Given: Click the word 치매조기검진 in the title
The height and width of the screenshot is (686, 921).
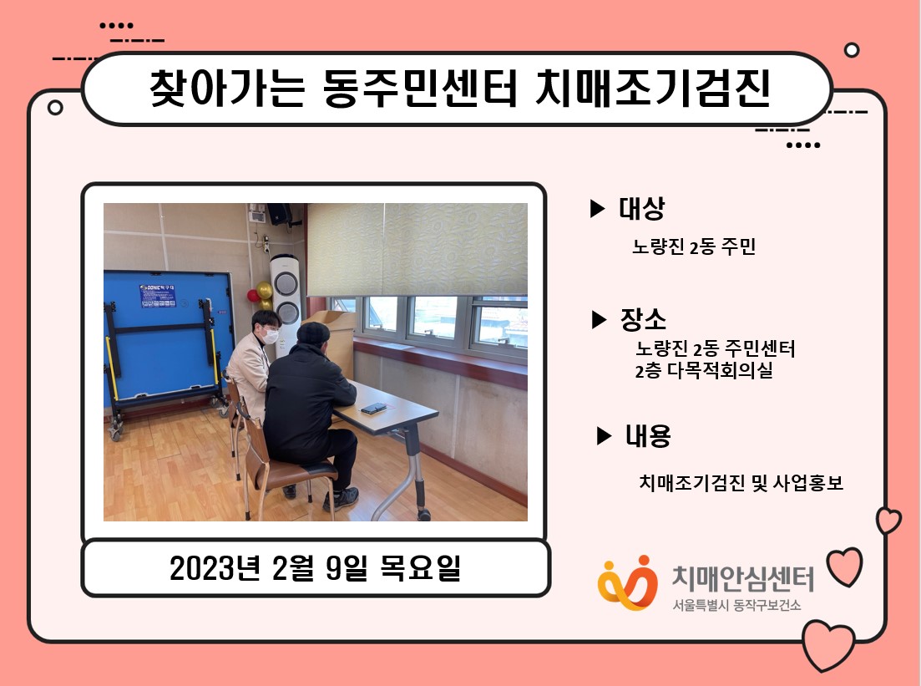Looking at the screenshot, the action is [x=653, y=89].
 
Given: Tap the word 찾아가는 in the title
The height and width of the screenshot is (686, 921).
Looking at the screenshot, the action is [x=227, y=89].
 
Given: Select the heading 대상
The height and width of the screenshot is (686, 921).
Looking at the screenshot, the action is [x=641, y=208].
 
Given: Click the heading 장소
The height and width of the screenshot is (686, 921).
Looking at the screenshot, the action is [x=643, y=319].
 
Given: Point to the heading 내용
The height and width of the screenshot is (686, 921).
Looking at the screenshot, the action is [x=648, y=435].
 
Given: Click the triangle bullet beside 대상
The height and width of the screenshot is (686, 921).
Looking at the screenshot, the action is [x=597, y=208].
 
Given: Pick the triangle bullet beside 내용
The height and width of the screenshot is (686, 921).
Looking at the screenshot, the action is [x=604, y=435].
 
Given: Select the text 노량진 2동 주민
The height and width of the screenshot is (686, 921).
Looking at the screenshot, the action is [x=694, y=246].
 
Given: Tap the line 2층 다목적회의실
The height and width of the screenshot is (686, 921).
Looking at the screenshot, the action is [x=704, y=370].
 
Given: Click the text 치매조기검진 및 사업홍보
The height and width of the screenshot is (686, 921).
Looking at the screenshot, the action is [x=741, y=483].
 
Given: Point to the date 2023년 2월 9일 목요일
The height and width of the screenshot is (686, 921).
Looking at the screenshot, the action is [x=316, y=568].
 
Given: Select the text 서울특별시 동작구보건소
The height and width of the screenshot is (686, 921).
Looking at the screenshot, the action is [x=736, y=605].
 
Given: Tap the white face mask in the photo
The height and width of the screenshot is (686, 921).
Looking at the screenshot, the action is [x=270, y=336].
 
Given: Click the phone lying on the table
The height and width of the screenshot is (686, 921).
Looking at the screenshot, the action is [x=373, y=408].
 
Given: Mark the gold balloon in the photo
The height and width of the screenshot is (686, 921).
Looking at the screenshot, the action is [x=265, y=290].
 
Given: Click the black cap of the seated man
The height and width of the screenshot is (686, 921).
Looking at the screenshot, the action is [x=313, y=333].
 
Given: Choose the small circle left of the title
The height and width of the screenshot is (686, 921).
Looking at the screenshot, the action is [x=55, y=108].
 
